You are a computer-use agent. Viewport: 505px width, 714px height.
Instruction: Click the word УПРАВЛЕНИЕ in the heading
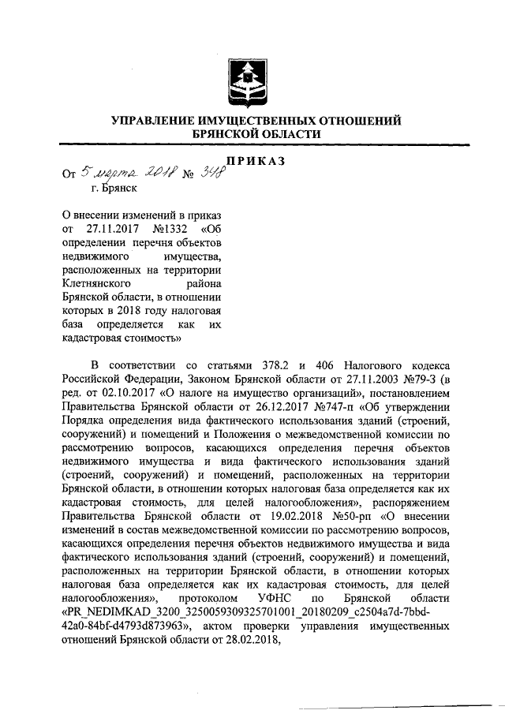tap(158, 121)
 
